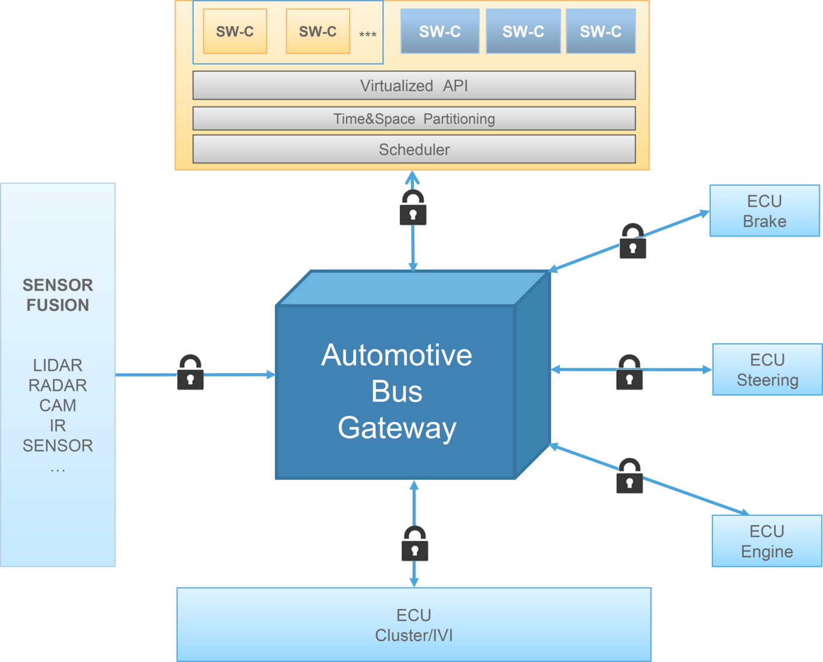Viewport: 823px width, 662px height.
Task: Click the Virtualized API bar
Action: pyautogui.click(x=414, y=86)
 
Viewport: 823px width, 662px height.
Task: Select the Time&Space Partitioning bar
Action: pyautogui.click(x=414, y=119)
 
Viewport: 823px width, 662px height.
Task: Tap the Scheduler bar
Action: pyautogui.click(x=414, y=149)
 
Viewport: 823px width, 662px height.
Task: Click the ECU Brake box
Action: pyautogui.click(x=764, y=211)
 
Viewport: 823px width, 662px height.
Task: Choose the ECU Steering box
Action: pyautogui.click(x=766, y=370)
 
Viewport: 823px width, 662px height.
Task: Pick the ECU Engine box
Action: pyautogui.click(x=766, y=541)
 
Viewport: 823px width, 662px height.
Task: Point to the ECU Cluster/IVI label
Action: pyautogui.click(x=414, y=625)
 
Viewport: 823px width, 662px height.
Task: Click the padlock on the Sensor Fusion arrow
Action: pyautogui.click(x=190, y=373)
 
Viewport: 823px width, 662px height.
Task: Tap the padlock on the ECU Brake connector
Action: pyautogui.click(x=633, y=242)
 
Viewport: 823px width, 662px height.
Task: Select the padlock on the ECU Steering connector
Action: pyautogui.click(x=629, y=373)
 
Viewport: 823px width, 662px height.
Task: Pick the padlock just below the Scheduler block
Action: pyautogui.click(x=413, y=208)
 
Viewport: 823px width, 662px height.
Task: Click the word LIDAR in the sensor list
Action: pyautogui.click(x=57, y=365)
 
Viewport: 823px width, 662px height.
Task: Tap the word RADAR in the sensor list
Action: pyautogui.click(x=57, y=385)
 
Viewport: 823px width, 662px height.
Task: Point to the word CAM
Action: pyautogui.click(x=57, y=405)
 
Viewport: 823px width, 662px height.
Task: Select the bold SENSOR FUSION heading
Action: pyautogui.click(x=57, y=295)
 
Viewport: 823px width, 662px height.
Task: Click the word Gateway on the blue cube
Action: pyautogui.click(x=397, y=428)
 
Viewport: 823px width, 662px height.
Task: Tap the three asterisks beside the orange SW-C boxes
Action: pyautogui.click(x=367, y=34)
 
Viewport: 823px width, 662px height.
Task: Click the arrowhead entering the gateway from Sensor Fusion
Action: pyautogui.click(x=270, y=375)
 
